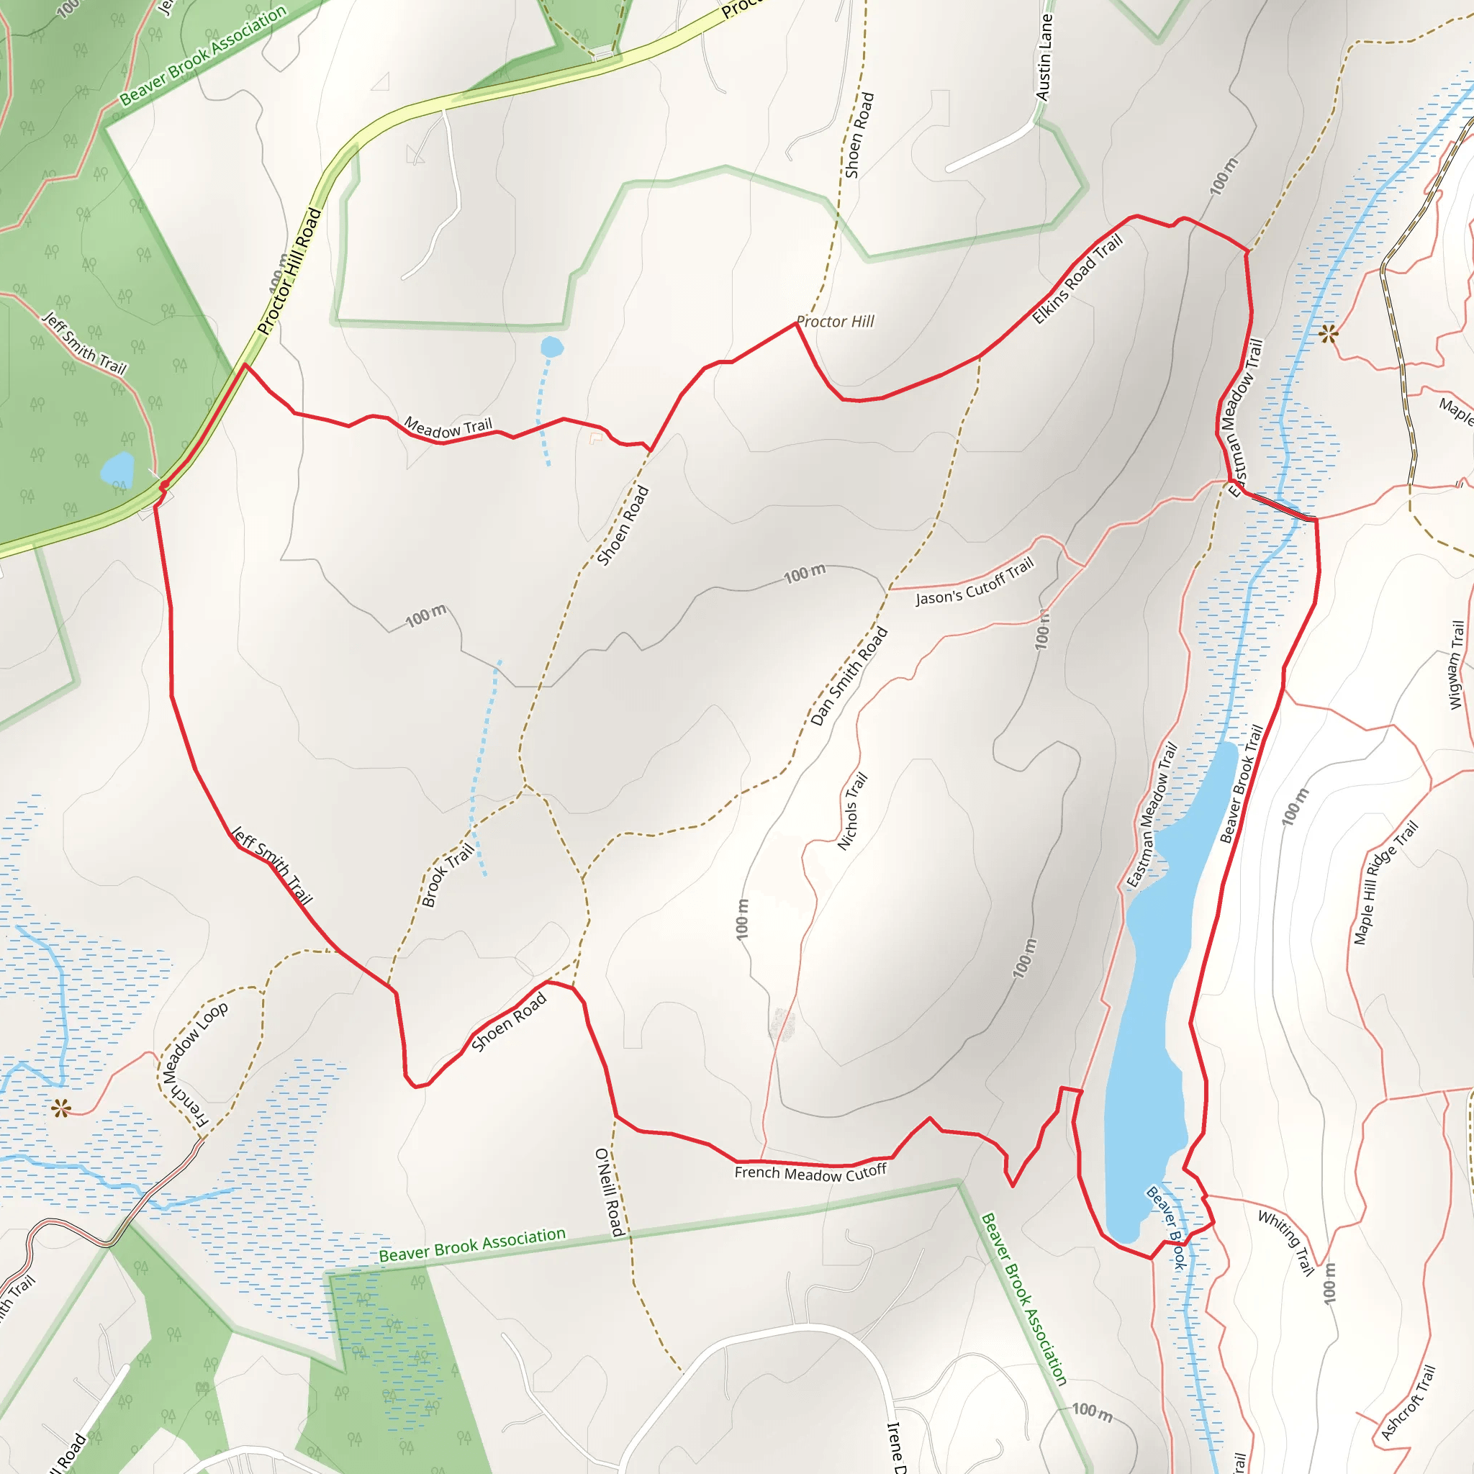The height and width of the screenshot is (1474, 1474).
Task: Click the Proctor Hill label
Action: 835,322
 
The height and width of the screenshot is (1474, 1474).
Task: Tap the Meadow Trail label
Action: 448,428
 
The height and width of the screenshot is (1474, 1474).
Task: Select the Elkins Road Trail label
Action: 1077,279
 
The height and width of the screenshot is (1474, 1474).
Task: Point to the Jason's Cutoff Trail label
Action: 975,582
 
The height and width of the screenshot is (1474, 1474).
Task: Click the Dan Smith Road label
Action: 849,676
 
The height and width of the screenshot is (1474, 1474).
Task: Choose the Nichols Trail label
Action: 852,812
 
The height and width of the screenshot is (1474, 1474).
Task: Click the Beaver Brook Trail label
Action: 1242,785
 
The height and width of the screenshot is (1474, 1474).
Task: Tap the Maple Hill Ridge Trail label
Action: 1385,882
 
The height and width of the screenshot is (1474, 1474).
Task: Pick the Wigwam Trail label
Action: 1457,664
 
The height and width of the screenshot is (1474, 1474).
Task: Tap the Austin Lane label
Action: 1044,58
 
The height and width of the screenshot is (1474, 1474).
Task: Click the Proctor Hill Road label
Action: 289,271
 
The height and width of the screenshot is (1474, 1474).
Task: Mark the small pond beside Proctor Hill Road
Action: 117,469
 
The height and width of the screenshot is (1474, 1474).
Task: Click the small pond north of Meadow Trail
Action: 551,348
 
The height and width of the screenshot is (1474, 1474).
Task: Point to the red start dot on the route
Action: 164,486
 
